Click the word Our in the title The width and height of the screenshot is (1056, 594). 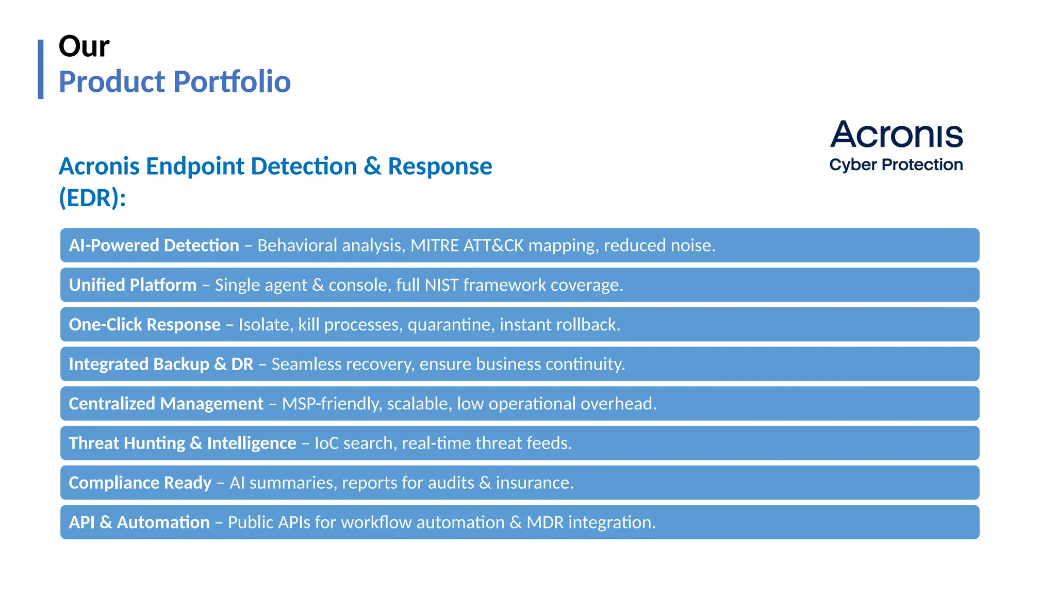coord(84,46)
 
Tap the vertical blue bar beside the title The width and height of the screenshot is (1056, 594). coord(41,69)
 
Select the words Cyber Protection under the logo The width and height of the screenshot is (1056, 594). coord(896,165)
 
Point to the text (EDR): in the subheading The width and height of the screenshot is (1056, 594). coord(92,198)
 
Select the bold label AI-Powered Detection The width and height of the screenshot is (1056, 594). coord(154,245)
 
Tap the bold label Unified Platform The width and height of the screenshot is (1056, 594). coord(133,285)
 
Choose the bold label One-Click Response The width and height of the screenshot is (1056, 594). coord(144,325)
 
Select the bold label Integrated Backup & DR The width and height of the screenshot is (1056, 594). coord(161,364)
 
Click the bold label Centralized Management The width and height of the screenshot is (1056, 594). coord(166,404)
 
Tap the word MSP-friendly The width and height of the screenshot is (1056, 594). coord(332,404)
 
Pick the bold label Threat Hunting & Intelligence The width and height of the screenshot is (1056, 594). coord(182,443)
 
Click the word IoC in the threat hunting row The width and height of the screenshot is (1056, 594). coord(326,443)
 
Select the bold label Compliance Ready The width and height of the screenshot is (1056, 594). coord(140,483)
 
